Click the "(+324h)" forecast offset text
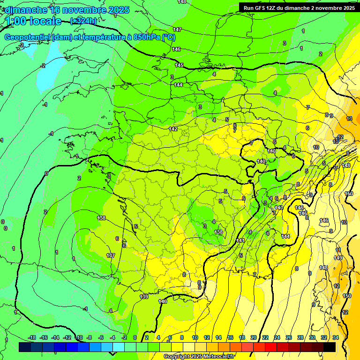click(x=83, y=21)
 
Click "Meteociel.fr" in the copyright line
click(x=217, y=357)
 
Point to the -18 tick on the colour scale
click(x=32, y=337)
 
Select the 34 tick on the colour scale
click(x=336, y=337)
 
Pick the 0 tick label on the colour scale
click(x=135, y=337)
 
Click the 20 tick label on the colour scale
click(x=254, y=337)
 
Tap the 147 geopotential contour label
click(x=177, y=30)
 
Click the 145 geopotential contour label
click(x=180, y=65)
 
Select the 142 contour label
click(x=173, y=129)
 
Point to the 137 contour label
click(x=111, y=255)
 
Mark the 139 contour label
click(x=144, y=297)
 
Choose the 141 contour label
click(x=240, y=240)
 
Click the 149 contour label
click(x=338, y=258)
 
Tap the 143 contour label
click(x=278, y=208)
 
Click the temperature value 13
click(x=349, y=119)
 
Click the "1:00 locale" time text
click(x=33, y=21)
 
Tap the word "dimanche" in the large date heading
click(x=26, y=9)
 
